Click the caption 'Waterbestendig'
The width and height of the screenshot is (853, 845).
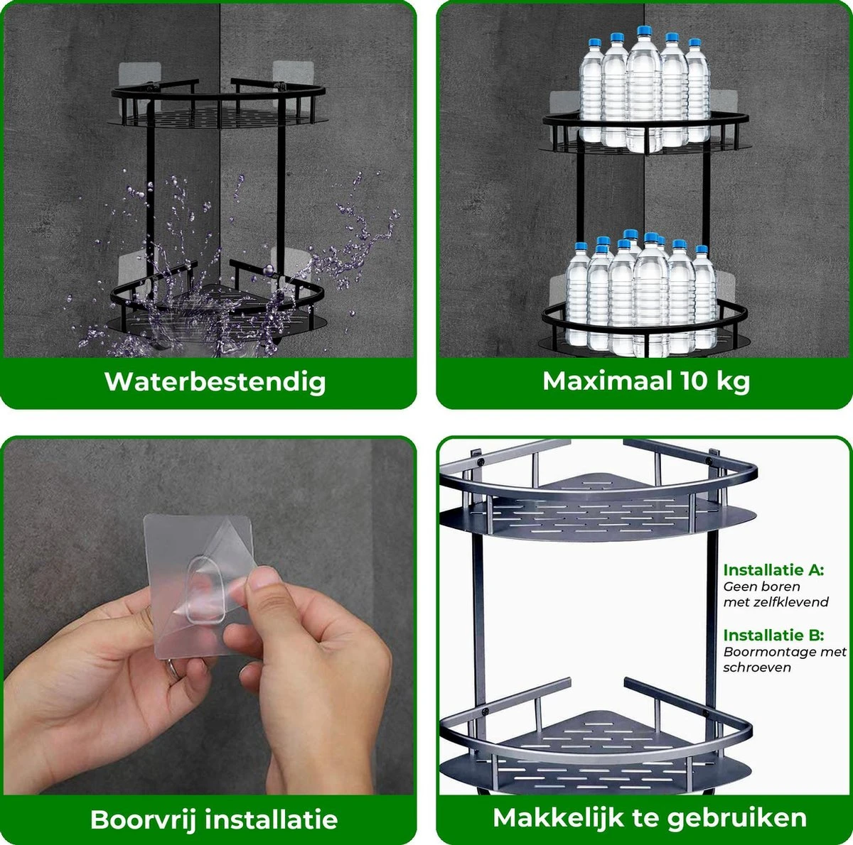tap(215, 381)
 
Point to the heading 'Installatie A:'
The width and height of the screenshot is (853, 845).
tap(773, 570)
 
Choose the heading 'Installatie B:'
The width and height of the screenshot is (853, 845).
tap(773, 635)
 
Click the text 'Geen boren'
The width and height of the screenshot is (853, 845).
tap(761, 587)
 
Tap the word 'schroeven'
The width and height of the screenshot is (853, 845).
tap(757, 667)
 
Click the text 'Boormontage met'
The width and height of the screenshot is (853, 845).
tap(785, 652)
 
